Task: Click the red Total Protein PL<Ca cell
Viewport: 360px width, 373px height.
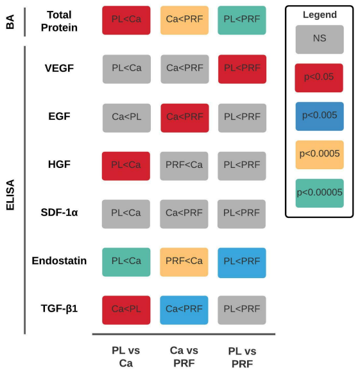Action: click(126, 21)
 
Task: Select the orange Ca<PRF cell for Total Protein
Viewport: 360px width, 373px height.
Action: click(184, 21)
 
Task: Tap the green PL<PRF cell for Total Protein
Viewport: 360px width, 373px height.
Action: click(242, 21)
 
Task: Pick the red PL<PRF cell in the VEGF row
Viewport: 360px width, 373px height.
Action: click(243, 69)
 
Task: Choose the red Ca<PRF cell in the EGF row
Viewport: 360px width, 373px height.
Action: click(185, 118)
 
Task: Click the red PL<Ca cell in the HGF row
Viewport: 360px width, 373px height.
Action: click(126, 166)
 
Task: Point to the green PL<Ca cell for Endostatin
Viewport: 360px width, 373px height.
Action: click(126, 262)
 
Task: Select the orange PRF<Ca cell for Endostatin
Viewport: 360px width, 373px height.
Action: click(184, 262)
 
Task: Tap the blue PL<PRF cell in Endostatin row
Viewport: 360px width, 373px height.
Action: click(242, 263)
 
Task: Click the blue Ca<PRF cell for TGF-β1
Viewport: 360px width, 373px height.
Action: click(184, 310)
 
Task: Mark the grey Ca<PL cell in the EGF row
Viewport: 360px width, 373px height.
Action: click(127, 118)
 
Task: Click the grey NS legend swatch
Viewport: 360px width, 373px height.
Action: click(320, 40)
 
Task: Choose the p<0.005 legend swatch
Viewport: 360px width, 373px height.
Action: click(320, 117)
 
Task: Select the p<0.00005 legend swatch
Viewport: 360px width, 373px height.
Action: click(320, 193)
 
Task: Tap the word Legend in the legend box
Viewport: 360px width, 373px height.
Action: click(320, 15)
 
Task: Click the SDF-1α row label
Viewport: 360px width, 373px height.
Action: click(59, 212)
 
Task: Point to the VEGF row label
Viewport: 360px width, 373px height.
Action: click(59, 69)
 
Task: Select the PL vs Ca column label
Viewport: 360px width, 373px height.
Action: click(126, 357)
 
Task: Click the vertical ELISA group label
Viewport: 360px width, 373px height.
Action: click(10, 195)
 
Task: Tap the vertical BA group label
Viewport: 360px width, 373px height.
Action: click(10, 22)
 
